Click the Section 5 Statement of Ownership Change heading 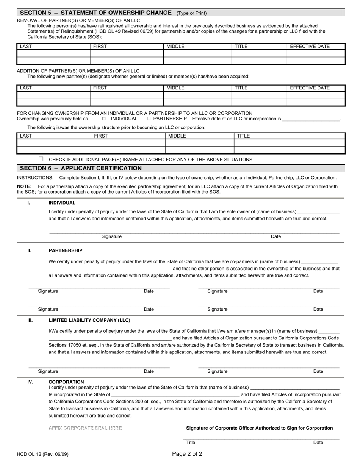(95, 13)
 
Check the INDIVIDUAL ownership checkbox (104, 119)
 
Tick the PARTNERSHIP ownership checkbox (149, 119)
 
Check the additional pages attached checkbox (41, 159)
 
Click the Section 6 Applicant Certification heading (81, 168)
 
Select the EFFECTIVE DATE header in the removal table (310, 46)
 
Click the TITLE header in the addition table (241, 88)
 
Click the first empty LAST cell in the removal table (53, 53)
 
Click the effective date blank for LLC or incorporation (311, 119)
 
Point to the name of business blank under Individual (318, 212)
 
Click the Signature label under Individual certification (111, 236)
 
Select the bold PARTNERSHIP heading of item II (66, 250)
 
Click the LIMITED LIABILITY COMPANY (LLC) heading (89, 320)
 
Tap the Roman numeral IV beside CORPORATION (30, 382)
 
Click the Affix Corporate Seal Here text (85, 428)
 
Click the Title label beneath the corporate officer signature (191, 443)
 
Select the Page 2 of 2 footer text (187, 454)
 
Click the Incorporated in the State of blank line (175, 395)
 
